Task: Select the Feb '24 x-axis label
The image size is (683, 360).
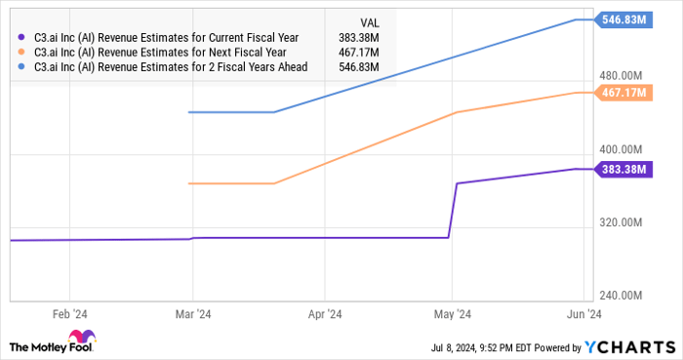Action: pyautogui.click(x=70, y=314)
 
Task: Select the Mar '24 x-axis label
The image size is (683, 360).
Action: pyautogui.click(x=192, y=314)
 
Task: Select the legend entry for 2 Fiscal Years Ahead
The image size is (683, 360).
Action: pyautogui.click(x=170, y=66)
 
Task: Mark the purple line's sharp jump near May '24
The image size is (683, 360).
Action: pyautogui.click(x=454, y=210)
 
